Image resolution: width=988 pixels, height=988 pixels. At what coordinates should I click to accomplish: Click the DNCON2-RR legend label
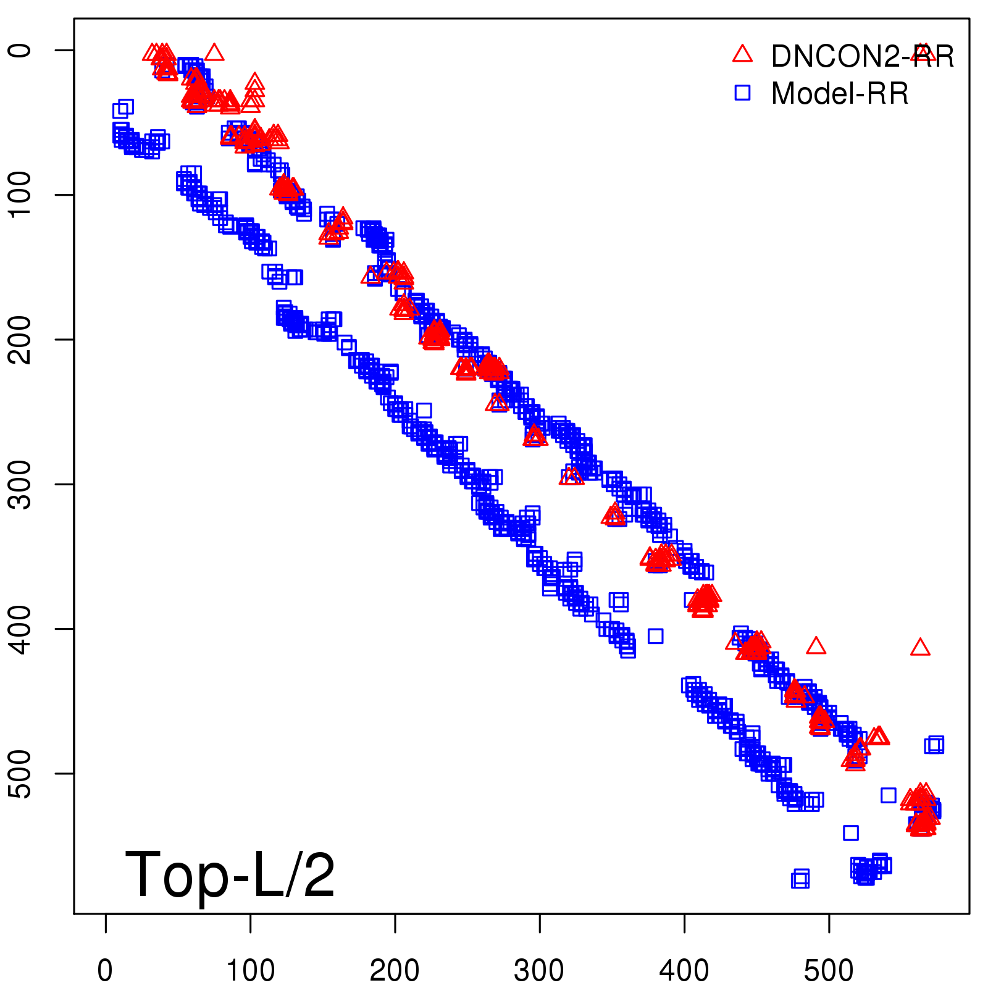click(862, 57)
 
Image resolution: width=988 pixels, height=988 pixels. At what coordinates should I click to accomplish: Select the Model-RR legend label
click(840, 94)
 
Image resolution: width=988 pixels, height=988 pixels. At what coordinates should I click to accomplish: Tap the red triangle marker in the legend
click(742, 54)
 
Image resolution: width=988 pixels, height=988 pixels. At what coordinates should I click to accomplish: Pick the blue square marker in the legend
click(742, 93)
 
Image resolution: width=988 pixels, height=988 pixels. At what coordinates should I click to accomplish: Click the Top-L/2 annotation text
click(230, 875)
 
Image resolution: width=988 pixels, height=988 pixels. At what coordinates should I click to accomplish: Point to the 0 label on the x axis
click(106, 971)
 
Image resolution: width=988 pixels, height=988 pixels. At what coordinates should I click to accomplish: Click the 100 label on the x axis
click(250, 971)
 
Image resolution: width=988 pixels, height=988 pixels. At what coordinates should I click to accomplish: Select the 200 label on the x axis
click(395, 971)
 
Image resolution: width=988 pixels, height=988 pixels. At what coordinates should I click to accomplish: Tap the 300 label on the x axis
click(539, 971)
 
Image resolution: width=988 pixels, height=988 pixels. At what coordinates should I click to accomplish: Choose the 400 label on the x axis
click(684, 971)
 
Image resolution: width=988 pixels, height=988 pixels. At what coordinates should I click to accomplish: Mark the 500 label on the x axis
click(829, 971)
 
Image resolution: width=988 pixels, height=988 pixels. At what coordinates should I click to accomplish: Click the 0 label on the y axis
click(21, 50)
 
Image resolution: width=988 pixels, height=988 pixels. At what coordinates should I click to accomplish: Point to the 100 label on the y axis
click(21, 195)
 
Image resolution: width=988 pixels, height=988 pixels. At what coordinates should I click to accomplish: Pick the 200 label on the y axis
click(21, 339)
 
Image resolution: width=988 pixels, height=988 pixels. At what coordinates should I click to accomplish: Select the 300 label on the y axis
click(21, 484)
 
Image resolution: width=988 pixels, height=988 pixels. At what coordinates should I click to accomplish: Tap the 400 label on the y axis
click(21, 629)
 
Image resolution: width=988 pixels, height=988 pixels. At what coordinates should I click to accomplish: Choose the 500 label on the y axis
click(21, 773)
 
